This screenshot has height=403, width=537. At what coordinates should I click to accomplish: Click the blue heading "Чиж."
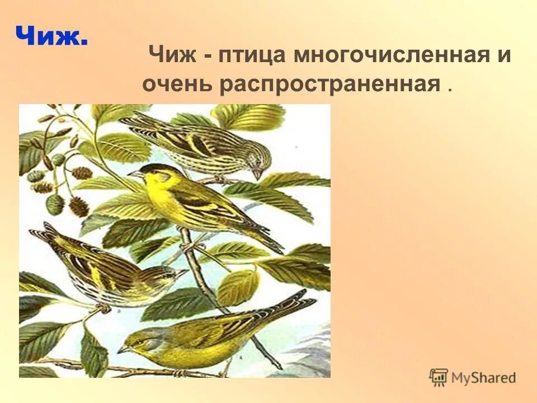(51, 37)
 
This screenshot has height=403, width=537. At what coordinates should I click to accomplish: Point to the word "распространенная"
(330, 84)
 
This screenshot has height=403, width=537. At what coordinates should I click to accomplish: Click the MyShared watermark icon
(439, 377)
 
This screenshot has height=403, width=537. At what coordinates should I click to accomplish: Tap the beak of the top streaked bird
(257, 174)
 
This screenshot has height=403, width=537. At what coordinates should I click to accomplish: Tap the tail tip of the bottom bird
(305, 294)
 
